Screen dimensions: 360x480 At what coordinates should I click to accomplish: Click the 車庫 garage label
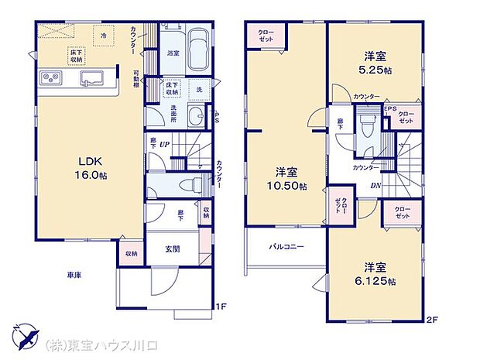click(76, 276)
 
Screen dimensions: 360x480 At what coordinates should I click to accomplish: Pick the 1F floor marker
click(221, 306)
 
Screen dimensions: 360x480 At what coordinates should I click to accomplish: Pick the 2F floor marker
click(431, 317)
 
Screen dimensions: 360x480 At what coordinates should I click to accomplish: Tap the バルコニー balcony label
click(286, 247)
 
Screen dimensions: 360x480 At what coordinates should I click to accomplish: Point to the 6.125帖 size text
click(380, 280)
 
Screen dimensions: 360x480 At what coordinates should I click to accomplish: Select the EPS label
click(391, 108)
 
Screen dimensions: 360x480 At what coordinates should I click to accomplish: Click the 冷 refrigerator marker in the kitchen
click(104, 35)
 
